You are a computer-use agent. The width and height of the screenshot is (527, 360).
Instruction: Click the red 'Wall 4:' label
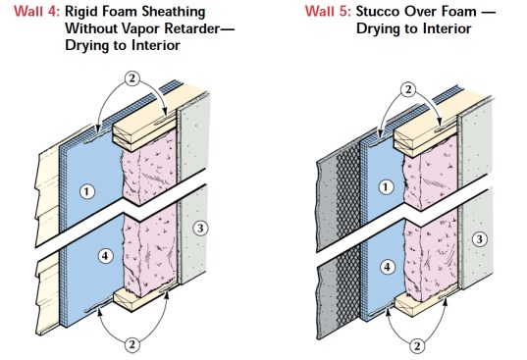36,12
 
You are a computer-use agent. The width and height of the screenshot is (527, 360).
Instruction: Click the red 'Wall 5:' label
328,12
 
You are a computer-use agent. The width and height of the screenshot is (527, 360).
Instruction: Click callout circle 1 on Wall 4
87,191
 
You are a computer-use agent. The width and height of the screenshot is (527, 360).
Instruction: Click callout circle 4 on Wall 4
105,256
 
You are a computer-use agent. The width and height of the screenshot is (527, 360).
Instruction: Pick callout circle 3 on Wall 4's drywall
200,229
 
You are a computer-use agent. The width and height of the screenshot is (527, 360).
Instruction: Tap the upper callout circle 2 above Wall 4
132,78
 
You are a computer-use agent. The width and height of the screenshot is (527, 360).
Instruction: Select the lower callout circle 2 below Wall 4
132,344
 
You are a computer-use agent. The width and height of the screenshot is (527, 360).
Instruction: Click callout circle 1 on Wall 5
386,187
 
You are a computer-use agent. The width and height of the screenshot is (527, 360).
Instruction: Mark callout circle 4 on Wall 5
388,267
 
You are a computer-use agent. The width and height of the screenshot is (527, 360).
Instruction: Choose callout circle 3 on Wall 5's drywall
479,239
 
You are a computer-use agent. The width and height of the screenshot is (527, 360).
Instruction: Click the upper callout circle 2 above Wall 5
408,89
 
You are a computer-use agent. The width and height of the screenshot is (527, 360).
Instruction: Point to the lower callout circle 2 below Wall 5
417,346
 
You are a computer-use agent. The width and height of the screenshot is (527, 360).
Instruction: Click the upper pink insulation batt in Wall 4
149,166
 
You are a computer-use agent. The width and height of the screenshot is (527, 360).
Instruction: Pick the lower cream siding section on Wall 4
49,295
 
